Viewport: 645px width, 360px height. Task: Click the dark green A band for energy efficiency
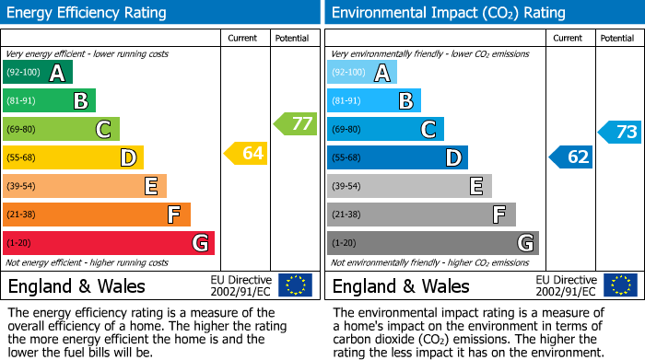point(37,73)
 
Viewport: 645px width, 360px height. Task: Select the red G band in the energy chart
point(108,243)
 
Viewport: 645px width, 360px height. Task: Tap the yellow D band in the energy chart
point(72,157)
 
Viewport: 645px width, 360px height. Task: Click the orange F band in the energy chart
point(96,215)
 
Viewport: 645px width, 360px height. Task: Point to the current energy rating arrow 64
point(246,153)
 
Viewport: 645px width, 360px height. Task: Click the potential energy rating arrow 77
point(296,123)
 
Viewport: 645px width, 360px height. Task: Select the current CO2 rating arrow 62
point(571,157)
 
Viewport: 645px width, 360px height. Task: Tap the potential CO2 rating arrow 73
point(620,132)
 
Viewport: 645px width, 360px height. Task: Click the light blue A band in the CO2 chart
point(361,73)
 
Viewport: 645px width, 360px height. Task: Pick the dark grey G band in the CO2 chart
point(432,243)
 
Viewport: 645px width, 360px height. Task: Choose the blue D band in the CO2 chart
point(396,157)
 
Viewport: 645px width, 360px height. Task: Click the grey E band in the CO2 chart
point(408,186)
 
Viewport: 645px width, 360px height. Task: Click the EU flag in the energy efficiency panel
point(295,285)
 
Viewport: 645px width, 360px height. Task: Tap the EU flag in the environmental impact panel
point(619,285)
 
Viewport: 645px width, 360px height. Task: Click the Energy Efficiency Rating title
point(88,13)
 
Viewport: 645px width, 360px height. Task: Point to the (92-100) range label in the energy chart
point(23,73)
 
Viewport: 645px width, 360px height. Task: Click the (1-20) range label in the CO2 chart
point(344,243)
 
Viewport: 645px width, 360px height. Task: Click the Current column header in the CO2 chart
point(569,38)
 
